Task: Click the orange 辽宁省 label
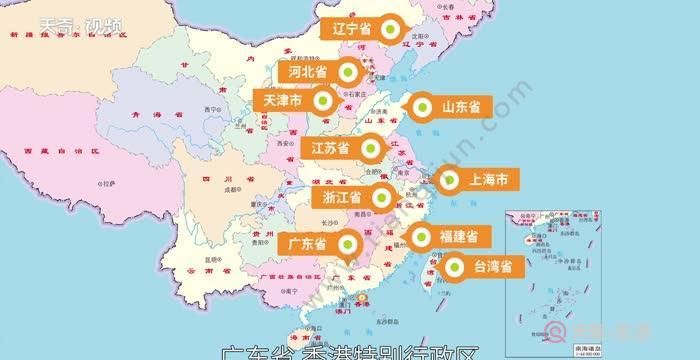(x=352, y=29)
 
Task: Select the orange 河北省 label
(x=307, y=72)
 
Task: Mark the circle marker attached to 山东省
(x=421, y=106)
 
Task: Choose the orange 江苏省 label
(x=330, y=148)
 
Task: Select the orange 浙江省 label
(x=342, y=197)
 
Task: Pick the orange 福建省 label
(x=463, y=237)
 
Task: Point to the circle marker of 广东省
(x=348, y=243)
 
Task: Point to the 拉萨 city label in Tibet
(x=107, y=184)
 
